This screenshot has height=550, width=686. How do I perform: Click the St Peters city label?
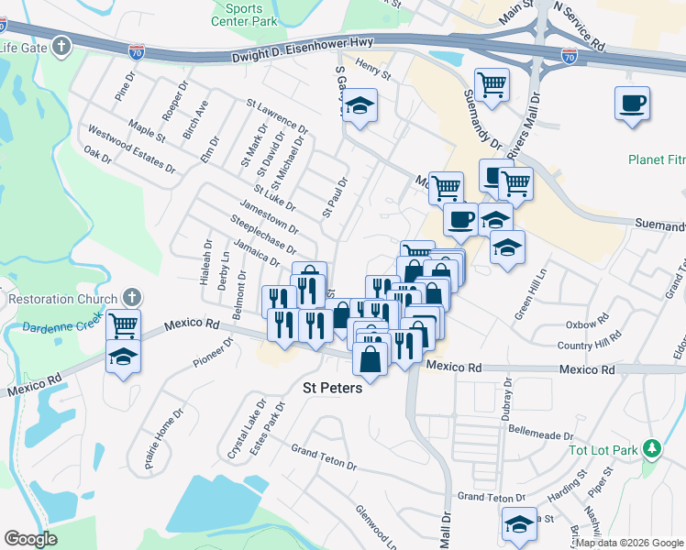click(x=332, y=388)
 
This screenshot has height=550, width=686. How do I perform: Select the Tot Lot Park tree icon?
click(x=652, y=449)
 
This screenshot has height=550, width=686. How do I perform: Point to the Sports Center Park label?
click(x=243, y=15)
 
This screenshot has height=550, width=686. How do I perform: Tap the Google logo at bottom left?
click(x=30, y=539)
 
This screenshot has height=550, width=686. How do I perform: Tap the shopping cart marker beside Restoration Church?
click(x=123, y=324)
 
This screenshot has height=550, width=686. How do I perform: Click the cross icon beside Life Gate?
click(x=61, y=46)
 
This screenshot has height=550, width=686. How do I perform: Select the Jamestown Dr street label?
click(x=268, y=215)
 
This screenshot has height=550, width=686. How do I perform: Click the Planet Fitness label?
click(x=657, y=159)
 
